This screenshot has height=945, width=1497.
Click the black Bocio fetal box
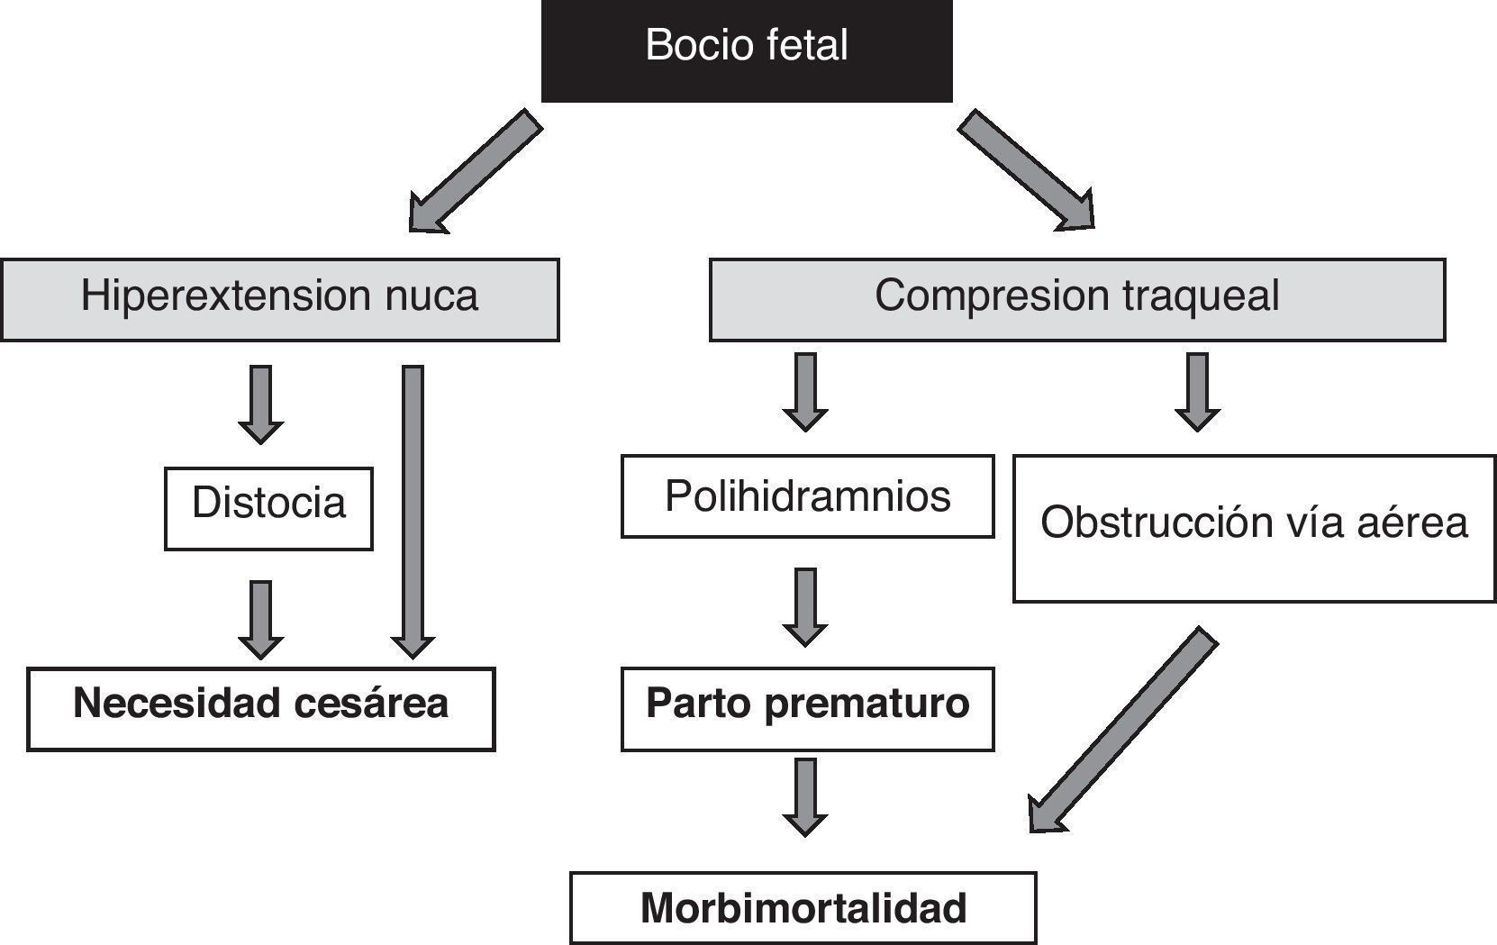pos(747,50)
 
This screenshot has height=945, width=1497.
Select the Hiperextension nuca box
pos(279,300)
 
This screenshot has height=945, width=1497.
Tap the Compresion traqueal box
pos(1077,300)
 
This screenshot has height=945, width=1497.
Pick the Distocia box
pos(268,509)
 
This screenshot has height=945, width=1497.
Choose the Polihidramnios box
pos(808,496)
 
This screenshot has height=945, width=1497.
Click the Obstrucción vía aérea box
pos(1254,529)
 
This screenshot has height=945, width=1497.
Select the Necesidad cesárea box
pos(260,709)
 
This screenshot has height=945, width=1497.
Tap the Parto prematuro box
pos(808,709)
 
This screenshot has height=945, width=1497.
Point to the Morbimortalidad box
pos(803,908)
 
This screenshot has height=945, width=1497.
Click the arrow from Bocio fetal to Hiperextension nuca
pos(476,172)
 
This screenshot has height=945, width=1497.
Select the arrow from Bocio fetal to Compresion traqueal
pos(1027,170)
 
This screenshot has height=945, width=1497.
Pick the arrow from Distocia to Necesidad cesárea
pos(260,620)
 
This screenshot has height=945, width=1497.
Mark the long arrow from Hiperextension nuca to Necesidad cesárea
pos(413,513)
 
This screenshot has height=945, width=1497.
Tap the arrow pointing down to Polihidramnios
pos(805,392)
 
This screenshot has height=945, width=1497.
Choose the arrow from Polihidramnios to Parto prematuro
pos(805,607)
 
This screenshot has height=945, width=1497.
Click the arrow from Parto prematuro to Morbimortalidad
pos(805,797)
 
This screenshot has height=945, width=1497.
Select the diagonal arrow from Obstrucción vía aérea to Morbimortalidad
pos(1122,730)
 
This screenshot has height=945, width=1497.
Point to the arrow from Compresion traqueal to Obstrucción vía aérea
pos(1198,392)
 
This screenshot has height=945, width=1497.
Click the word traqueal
pos(1201,296)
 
